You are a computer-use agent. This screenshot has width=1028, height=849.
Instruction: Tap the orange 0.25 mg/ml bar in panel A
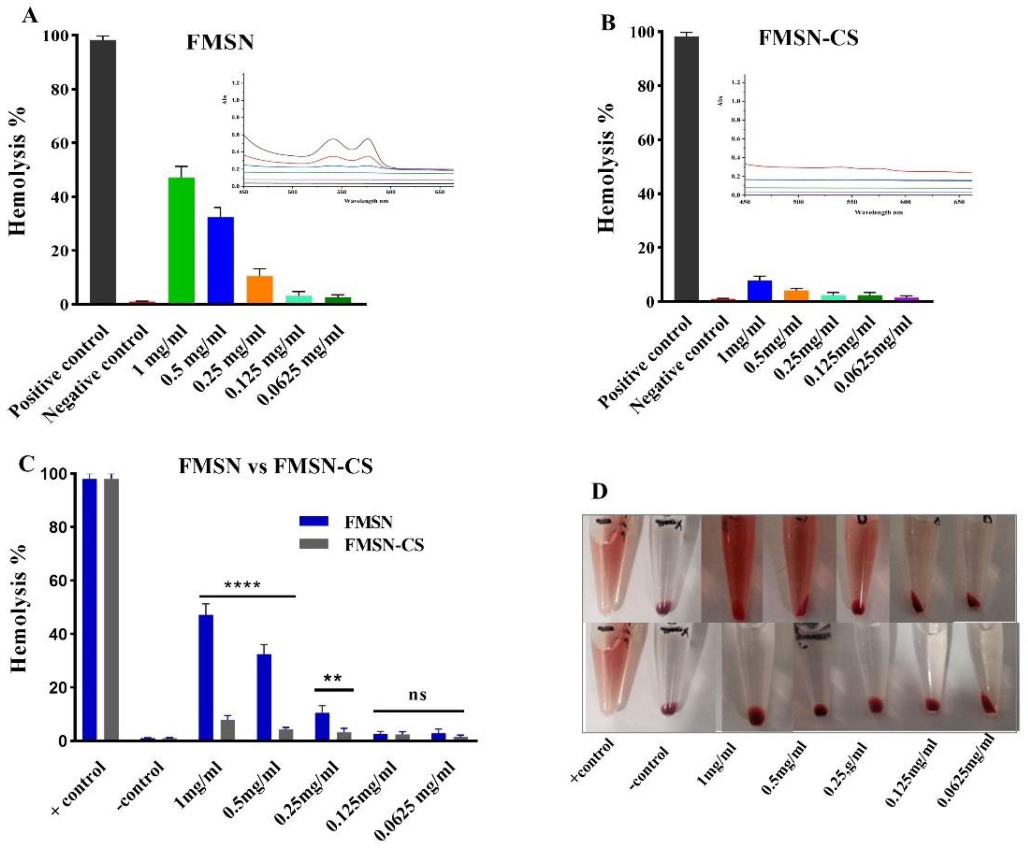click(259, 290)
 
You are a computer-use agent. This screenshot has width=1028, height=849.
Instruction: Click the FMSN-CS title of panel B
click(808, 38)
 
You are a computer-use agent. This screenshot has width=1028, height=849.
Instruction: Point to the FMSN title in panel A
click(220, 42)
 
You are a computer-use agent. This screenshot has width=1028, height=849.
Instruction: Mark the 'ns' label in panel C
click(418, 695)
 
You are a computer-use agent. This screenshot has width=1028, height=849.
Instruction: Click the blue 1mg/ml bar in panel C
click(206, 677)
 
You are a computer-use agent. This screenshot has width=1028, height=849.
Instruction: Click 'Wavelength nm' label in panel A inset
click(366, 200)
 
